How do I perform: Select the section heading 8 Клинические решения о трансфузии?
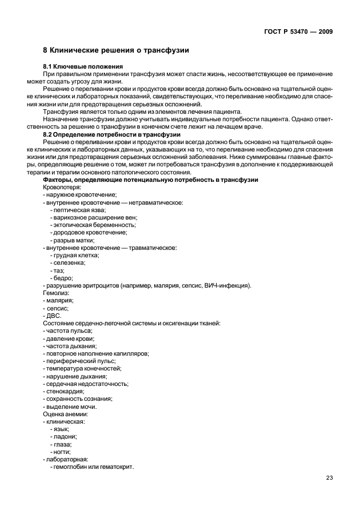click(x=116, y=51)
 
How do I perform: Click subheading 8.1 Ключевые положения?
click(x=77, y=67)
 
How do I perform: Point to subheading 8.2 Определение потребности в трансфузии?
click(x=112, y=134)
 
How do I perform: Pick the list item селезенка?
click(x=70, y=262)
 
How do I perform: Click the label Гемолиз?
click(x=56, y=292)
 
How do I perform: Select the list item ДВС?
click(x=53, y=315)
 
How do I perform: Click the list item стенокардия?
click(x=65, y=391)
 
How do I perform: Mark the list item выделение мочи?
click(x=71, y=407)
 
